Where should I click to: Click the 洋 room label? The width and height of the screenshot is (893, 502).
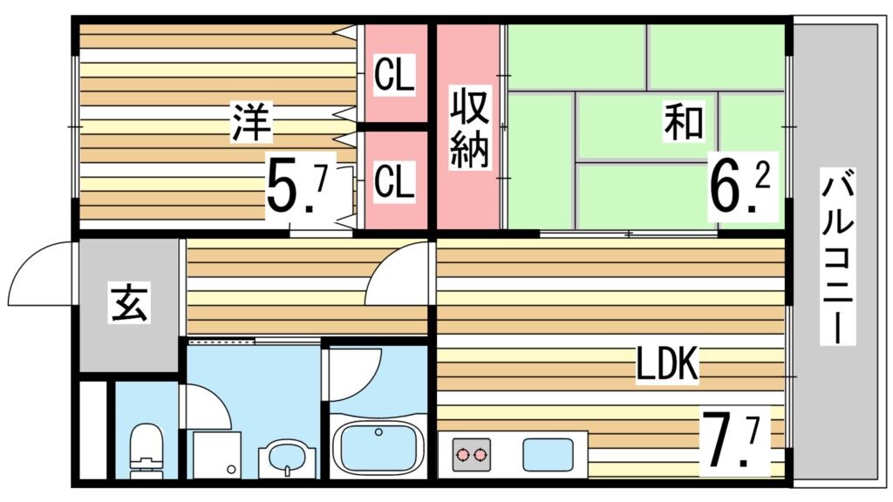(x=251, y=122)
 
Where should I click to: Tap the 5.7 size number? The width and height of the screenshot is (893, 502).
(x=297, y=185)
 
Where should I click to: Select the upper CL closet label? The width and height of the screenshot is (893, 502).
(x=393, y=75)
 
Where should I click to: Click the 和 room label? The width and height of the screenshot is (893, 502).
(x=683, y=122)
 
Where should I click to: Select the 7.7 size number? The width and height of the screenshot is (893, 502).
(x=736, y=441)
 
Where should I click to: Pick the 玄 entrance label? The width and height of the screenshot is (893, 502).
(x=129, y=303)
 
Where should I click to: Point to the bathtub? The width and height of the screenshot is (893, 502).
(x=378, y=446)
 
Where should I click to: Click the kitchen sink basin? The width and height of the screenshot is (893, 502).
(x=548, y=454)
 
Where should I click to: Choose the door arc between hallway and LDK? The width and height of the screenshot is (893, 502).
(x=397, y=275)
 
